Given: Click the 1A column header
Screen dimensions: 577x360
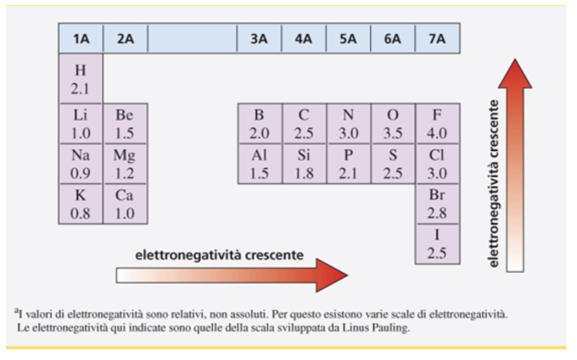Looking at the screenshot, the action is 81,38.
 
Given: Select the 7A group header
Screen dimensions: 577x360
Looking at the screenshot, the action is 437,38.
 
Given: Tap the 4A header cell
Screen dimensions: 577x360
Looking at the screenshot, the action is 303,38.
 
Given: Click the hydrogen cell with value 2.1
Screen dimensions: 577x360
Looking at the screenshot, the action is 81,79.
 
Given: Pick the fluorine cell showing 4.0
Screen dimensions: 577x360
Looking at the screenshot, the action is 437,124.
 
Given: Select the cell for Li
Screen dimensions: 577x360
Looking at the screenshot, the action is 81,124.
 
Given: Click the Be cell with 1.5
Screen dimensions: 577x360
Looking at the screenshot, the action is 125,124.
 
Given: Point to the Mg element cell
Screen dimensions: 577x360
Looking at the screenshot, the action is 125,164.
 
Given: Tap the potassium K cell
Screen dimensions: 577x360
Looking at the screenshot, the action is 81,204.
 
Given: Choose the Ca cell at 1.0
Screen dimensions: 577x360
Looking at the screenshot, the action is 125,204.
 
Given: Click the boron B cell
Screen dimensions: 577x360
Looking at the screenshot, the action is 260,124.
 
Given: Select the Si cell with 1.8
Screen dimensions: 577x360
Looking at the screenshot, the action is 304,164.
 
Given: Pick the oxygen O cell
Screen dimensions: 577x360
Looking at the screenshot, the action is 393,124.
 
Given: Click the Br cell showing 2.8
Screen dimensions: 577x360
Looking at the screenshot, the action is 437,204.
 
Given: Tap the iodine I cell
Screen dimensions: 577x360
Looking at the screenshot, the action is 437,244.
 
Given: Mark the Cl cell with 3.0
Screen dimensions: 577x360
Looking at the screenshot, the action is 437,164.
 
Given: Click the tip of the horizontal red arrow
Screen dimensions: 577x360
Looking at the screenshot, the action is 347,275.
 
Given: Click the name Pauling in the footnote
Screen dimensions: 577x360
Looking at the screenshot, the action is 391,327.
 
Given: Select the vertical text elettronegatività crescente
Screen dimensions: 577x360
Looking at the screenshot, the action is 493,183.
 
